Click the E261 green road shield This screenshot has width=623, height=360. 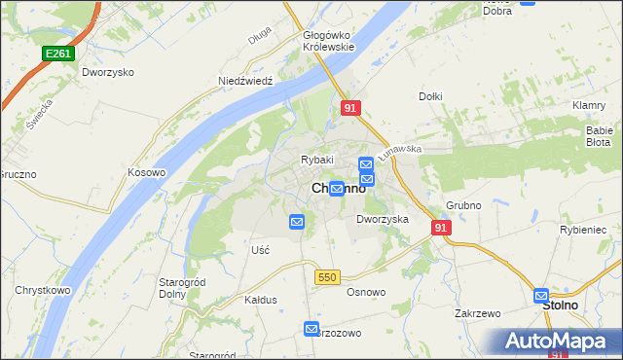tap(56, 54)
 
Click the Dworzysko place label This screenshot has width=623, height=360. tap(108, 72)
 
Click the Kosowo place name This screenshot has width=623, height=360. tap(147, 172)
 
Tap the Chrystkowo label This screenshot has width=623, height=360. tap(40, 290)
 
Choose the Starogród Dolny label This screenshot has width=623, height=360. tap(179, 288)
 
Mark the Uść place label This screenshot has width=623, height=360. tap(260, 250)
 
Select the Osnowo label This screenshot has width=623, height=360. tap(366, 292)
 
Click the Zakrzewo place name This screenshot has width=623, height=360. tap(477, 313)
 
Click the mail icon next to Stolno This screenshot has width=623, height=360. tap(542, 296)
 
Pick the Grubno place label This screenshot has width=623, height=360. tap(465, 205)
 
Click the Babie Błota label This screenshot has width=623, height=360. tap(598, 135)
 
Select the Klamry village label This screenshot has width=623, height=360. tap(590, 105)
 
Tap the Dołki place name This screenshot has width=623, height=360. tap(430, 96)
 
